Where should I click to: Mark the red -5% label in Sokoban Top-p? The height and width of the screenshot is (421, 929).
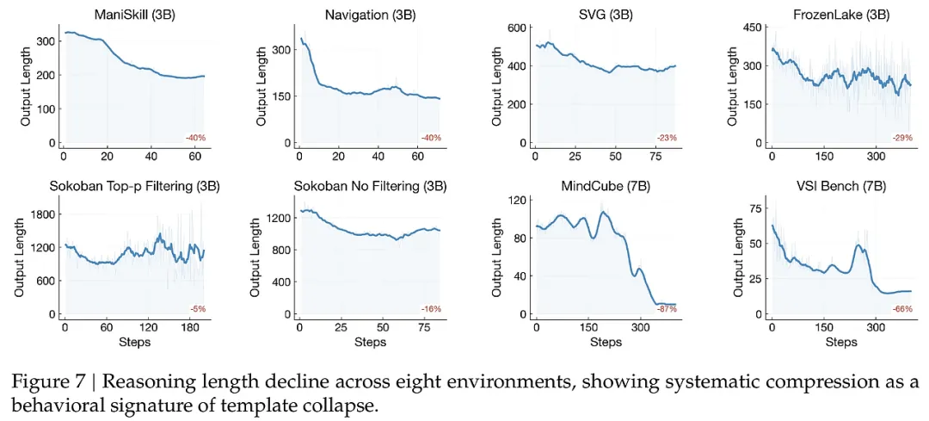point(197,308)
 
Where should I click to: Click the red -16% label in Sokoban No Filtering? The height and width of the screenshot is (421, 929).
point(431,308)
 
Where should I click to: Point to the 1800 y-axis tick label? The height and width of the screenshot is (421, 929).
point(45,213)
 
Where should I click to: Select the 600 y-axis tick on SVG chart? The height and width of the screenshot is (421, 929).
point(516,28)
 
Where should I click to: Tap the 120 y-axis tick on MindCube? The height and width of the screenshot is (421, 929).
point(516,201)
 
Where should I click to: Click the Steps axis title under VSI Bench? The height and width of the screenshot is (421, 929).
point(840,342)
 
